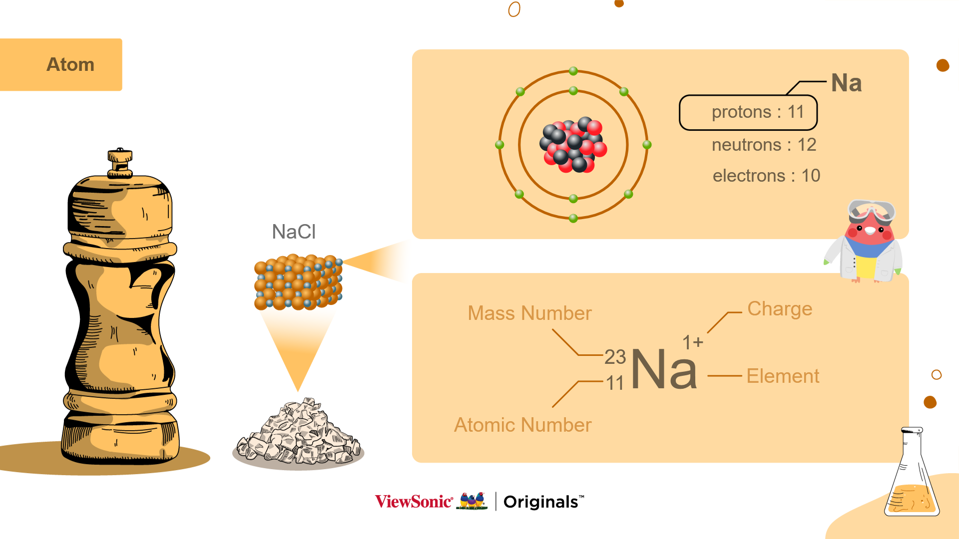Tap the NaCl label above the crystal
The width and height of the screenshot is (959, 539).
294,232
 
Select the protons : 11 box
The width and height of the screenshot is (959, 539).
748,112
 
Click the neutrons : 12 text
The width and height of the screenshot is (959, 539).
764,145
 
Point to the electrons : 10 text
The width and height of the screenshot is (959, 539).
766,176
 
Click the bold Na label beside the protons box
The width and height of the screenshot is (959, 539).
846,83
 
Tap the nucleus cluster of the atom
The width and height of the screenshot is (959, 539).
573,145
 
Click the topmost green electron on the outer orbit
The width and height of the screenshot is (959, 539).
573,71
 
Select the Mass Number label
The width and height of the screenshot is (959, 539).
529,313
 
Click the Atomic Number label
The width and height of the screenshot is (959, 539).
522,425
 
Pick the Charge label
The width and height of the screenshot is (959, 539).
780,309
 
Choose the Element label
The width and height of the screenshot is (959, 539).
783,376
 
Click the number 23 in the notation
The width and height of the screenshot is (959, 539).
615,357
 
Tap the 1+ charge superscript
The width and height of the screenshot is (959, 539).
693,342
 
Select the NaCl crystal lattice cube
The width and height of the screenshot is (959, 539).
298,282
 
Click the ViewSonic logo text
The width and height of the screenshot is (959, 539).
414,502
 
